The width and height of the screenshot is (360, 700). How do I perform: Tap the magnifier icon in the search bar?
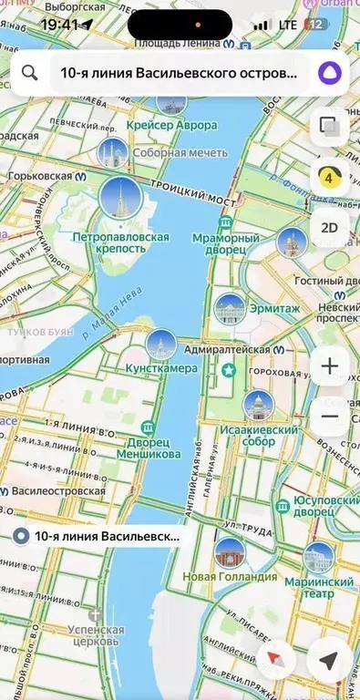click(29, 73)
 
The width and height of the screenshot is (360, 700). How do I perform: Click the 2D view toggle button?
click(329, 226)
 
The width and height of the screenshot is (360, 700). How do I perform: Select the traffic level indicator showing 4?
click(329, 177)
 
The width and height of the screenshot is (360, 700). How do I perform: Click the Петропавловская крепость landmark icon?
click(120, 198)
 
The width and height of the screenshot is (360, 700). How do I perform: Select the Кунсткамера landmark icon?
click(161, 345)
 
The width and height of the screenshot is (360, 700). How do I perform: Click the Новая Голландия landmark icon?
click(230, 553)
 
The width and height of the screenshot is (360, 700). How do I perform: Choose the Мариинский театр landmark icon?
click(318, 557)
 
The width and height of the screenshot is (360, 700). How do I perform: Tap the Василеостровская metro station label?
click(57, 490)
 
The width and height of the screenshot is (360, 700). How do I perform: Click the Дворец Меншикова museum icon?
click(148, 428)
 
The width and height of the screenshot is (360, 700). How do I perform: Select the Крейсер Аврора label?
click(172, 124)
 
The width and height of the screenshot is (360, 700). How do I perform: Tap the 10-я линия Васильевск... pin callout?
click(100, 537)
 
